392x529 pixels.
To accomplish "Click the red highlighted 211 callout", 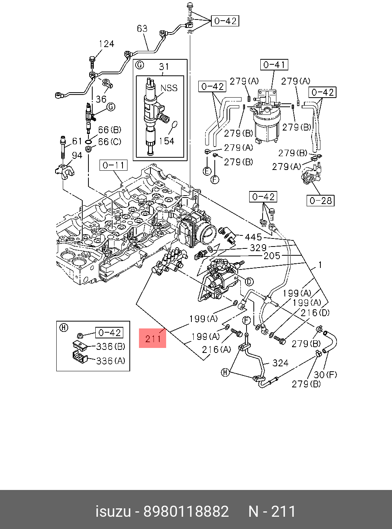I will tap(153, 338).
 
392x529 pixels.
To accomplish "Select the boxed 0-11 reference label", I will tap(113, 165).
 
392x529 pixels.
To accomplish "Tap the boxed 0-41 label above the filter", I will tap(274, 65).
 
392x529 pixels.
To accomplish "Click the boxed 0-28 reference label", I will tap(320, 201).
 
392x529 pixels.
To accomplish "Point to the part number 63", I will tap(142, 29).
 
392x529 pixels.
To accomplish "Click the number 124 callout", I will tap(106, 44).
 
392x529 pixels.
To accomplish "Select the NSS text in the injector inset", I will tap(169, 88).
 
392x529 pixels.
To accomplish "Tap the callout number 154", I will tap(167, 141).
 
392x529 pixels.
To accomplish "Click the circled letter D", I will tap(249, 282).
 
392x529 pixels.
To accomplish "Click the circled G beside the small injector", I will tap(111, 107).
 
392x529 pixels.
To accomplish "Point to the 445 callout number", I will tap(253, 237).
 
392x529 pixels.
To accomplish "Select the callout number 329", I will tap(258, 248).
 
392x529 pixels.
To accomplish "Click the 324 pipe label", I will tap(280, 363).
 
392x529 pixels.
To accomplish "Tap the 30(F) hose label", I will tap(325, 375).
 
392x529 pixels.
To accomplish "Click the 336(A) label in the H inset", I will tap(111, 361).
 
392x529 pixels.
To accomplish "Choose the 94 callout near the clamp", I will tap(77, 155).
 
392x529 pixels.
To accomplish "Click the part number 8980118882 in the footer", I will tap(186, 511).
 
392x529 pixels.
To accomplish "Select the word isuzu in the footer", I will tap(113, 511).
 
